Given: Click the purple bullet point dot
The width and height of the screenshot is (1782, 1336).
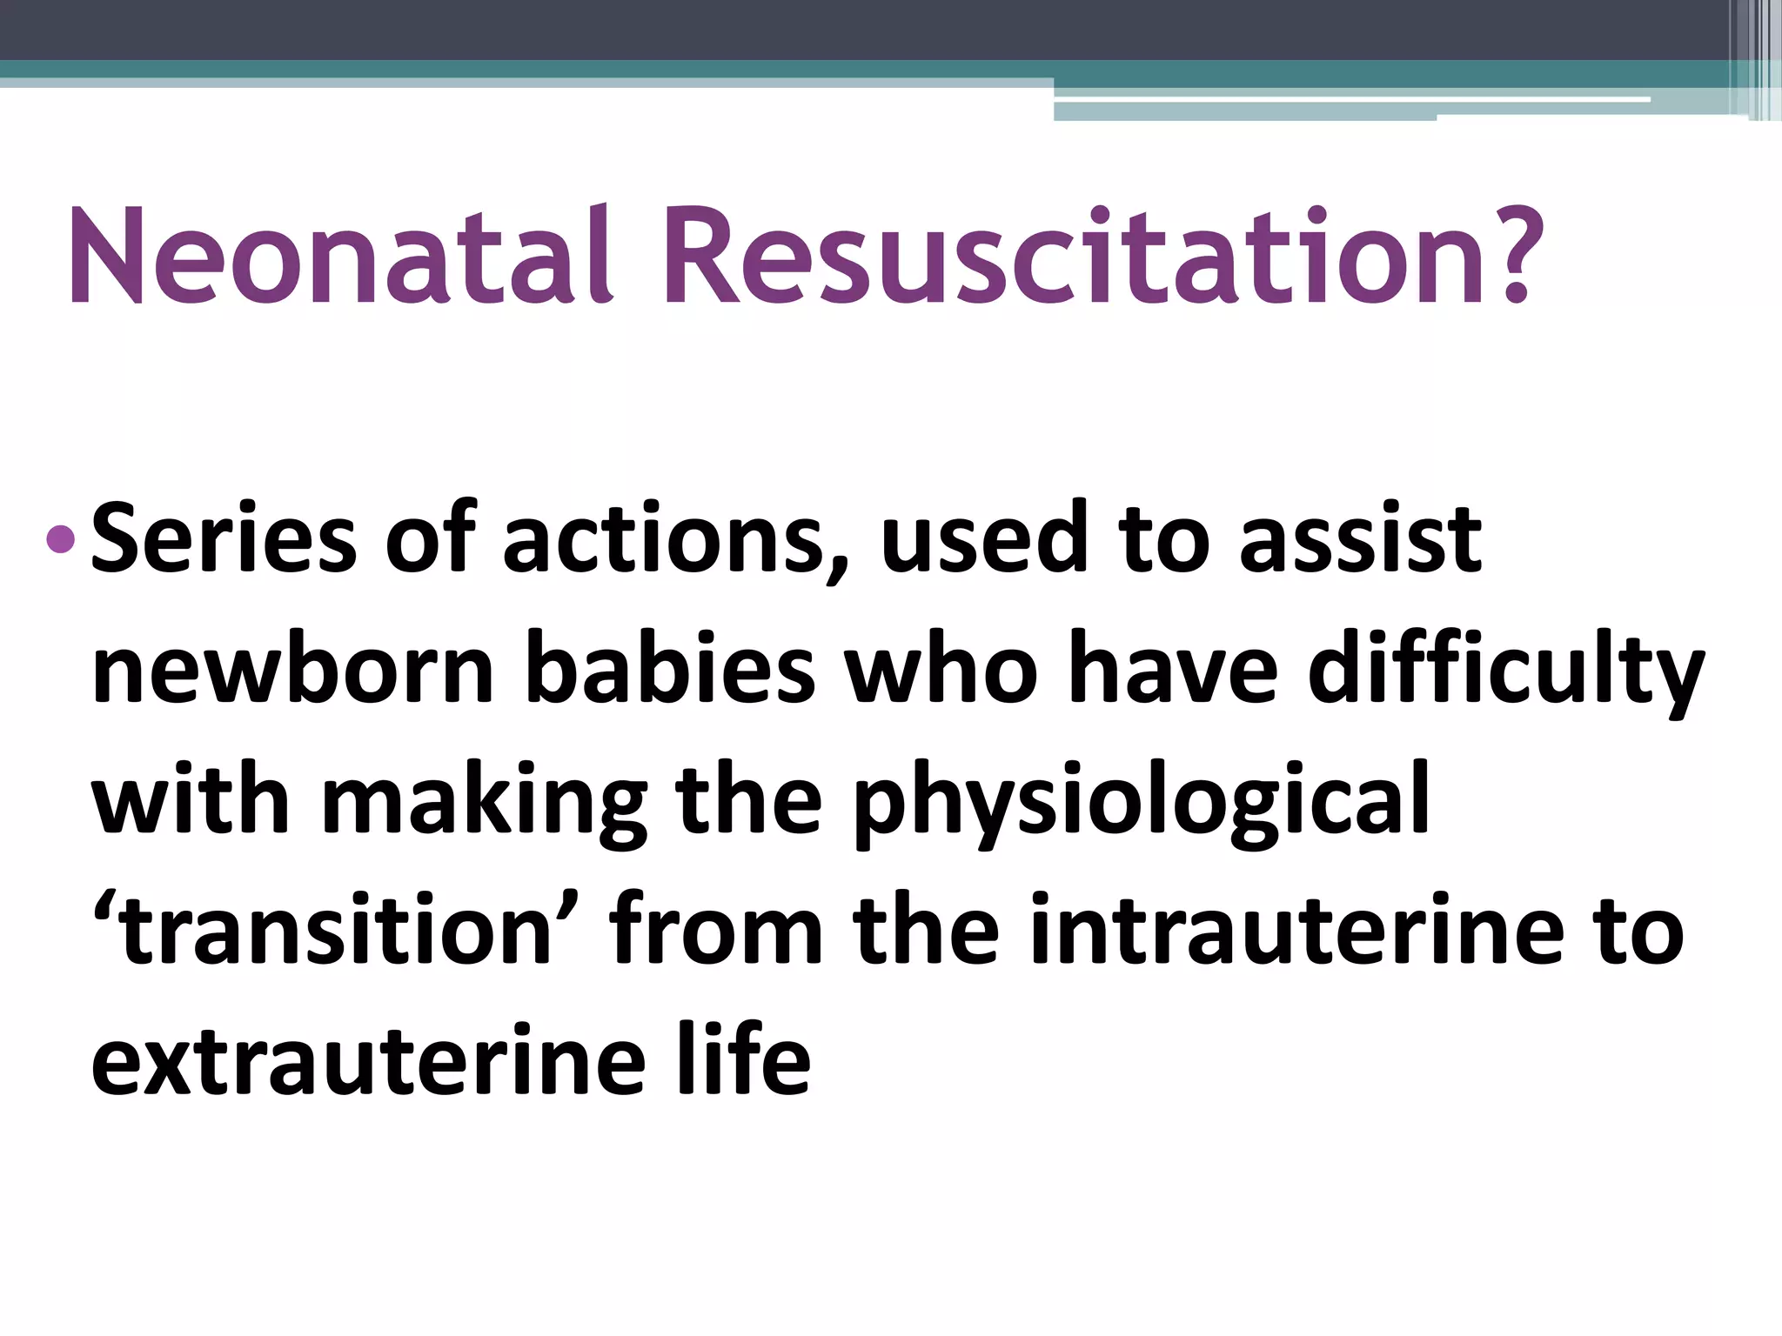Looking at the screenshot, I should pos(60,539).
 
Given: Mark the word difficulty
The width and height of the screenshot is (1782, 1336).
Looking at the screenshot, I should pos(1505,674).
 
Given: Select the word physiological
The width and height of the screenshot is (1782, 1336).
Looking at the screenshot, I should pos(1141,805).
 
